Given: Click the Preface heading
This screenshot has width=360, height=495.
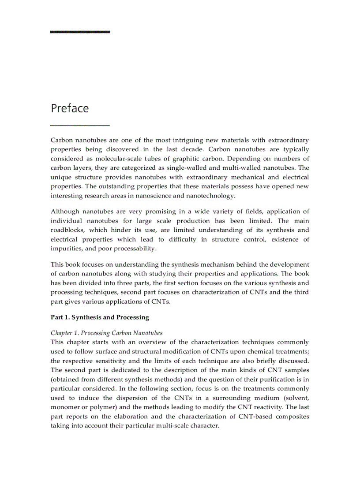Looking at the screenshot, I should click(70, 108).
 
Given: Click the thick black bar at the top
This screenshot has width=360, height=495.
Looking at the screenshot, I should click(80, 32).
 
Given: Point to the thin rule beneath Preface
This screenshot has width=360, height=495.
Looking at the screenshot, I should click(80, 126).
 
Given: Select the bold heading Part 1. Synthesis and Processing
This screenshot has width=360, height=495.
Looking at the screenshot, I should click(100, 317).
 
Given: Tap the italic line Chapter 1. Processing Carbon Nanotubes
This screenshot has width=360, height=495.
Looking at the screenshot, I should click(106, 333).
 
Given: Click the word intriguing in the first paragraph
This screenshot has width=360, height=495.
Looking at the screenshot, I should click(181, 140).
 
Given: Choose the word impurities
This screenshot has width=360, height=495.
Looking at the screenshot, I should click(67, 249).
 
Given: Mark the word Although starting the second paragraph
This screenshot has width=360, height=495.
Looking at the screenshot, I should click(65, 212).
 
